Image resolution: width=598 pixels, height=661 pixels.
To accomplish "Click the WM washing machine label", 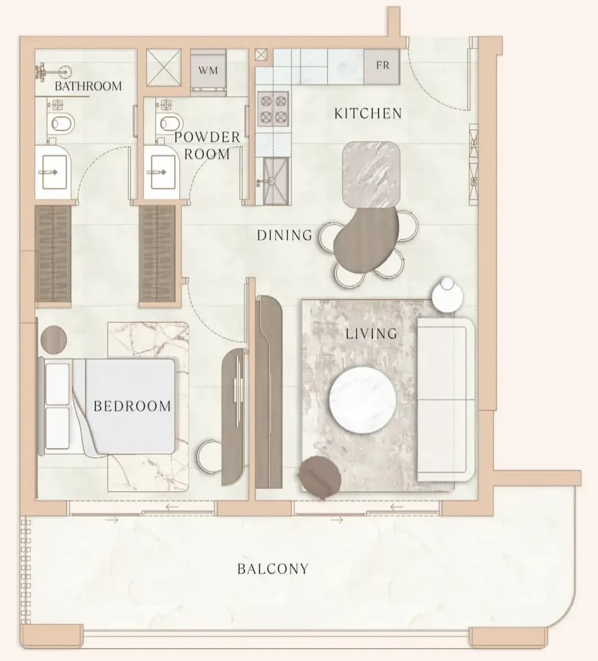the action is [208, 70].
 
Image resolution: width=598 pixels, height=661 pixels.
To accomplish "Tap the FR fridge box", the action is [382, 67].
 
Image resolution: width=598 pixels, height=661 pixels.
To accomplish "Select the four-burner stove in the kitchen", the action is [273, 109].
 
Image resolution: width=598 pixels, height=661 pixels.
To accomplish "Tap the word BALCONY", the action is [273, 569].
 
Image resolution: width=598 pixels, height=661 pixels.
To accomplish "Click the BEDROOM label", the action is [133, 406].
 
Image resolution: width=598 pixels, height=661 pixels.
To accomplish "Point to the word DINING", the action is [285, 235].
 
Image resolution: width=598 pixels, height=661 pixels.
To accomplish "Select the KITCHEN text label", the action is [368, 113].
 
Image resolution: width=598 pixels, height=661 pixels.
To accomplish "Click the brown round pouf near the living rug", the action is [320, 477].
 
